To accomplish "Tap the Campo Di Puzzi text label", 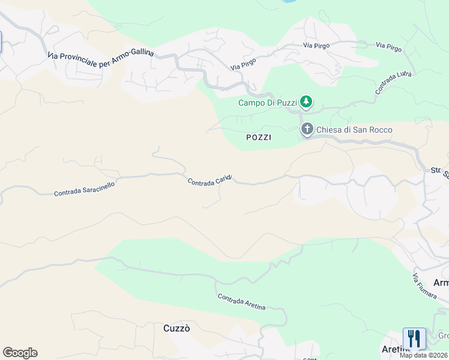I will [268, 103].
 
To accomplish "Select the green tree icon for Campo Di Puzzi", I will [307, 102].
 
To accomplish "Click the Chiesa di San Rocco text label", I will [354, 130].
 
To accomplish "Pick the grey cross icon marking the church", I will [307, 130].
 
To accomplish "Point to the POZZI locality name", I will [259, 137].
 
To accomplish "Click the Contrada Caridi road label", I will [209, 181].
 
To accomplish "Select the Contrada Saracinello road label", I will [84, 189].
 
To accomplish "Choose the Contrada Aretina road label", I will [241, 302].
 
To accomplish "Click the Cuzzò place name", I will [177, 328].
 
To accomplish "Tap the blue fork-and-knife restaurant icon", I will [414, 338].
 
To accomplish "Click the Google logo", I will [20, 353].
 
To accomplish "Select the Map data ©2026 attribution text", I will [424, 355].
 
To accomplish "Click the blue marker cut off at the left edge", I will [1, 41].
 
